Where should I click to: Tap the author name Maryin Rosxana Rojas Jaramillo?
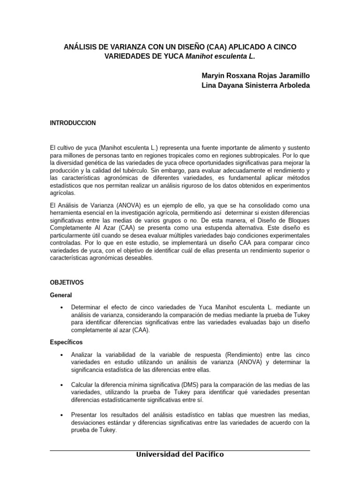[255, 75]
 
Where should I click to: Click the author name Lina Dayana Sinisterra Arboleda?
[255, 85]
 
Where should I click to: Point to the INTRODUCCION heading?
[73, 123]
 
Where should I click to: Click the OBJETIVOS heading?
[67, 283]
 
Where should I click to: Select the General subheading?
[61, 295]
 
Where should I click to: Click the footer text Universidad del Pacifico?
[180, 455]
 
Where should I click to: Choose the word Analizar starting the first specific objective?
[82, 355]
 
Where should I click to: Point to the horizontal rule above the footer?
[180, 450]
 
